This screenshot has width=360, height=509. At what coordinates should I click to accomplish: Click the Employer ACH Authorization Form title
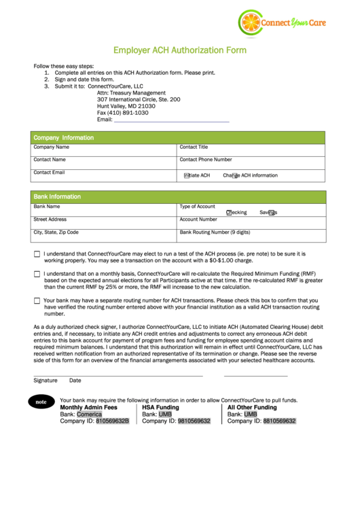tap(179, 50)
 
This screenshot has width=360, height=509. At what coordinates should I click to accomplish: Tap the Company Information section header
tap(64, 138)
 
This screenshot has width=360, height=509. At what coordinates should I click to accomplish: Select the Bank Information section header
tap(57, 197)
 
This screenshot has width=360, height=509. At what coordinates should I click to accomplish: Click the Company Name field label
tap(52, 147)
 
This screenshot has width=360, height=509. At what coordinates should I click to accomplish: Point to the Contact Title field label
tap(194, 147)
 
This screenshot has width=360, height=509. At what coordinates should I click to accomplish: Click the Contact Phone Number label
tap(205, 160)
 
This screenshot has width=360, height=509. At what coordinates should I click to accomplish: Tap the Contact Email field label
tap(49, 173)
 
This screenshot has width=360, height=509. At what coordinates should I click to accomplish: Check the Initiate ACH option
tap(187, 175)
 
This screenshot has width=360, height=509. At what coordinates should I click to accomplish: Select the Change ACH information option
tap(235, 175)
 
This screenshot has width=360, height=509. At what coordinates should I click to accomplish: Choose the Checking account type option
tap(229, 212)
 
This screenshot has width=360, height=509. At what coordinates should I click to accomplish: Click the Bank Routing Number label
tap(215, 232)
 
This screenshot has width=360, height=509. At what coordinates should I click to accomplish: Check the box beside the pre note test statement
tap(37, 254)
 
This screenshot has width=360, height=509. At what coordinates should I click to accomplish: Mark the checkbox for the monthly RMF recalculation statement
tap(37, 274)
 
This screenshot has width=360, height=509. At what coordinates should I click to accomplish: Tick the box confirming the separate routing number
tap(37, 300)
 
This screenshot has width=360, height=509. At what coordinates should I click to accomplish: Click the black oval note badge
tap(41, 402)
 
